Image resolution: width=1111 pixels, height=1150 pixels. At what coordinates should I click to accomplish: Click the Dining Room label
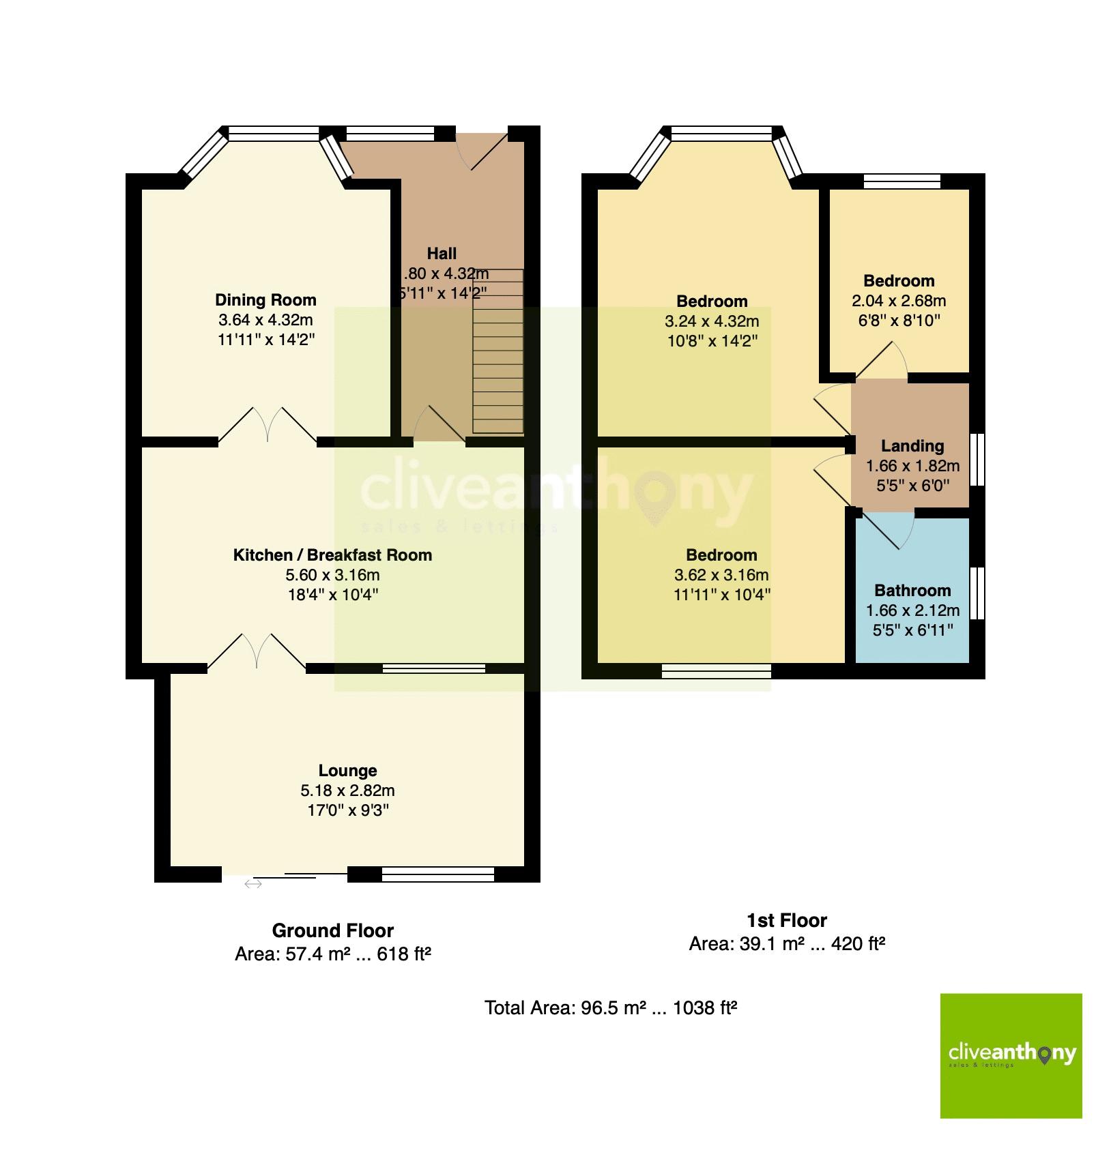pyautogui.click(x=265, y=299)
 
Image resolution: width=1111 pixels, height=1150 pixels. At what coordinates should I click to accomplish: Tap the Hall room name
pyautogui.click(x=442, y=254)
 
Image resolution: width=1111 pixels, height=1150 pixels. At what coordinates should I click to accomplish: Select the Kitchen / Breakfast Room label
pyautogui.click(x=332, y=555)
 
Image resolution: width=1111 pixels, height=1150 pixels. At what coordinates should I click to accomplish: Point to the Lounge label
pyautogui.click(x=347, y=770)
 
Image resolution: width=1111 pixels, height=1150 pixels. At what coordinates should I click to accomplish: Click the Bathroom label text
pyautogui.click(x=912, y=590)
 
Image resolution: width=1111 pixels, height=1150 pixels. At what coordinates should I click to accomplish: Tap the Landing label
pyautogui.click(x=912, y=446)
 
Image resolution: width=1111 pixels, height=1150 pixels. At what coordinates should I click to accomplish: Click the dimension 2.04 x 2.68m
pyautogui.click(x=899, y=301)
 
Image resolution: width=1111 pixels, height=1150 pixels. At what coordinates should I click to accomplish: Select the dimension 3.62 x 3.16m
pyautogui.click(x=721, y=575)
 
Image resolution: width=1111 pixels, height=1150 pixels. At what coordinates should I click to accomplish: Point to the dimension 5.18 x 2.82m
pyautogui.click(x=347, y=791)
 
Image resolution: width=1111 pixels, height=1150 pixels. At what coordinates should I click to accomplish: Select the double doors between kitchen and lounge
pyautogui.click(x=257, y=651)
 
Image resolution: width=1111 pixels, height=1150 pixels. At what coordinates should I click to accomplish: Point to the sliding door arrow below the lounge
pyautogui.click(x=252, y=885)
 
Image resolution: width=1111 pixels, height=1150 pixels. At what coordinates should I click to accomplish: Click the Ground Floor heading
pyautogui.click(x=332, y=930)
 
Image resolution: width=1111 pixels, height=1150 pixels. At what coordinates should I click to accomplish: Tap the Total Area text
pyautogui.click(x=611, y=1007)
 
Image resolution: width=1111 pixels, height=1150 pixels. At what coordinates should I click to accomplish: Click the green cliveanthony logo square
pyautogui.click(x=1011, y=1055)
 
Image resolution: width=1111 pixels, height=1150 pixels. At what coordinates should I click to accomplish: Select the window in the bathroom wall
pyautogui.click(x=978, y=592)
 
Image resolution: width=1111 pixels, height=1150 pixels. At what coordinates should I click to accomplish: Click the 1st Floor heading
pyautogui.click(x=786, y=920)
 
